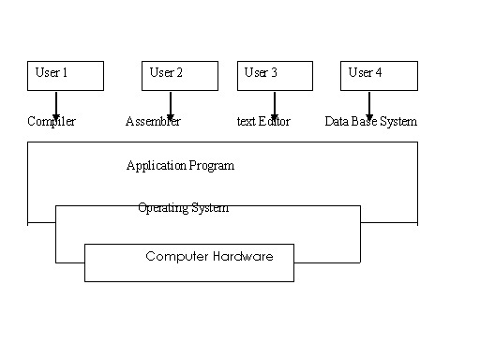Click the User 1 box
(x=66, y=76)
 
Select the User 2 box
(x=180, y=76)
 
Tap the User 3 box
(x=275, y=76)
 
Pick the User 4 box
(x=379, y=76)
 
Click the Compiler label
(x=52, y=122)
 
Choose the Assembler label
(x=153, y=122)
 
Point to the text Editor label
(x=263, y=122)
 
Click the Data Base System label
(x=371, y=122)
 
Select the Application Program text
(x=180, y=166)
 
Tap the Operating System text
(x=183, y=208)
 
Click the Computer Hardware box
(x=189, y=262)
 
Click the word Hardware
(x=243, y=256)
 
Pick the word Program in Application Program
(x=212, y=166)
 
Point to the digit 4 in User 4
(x=380, y=72)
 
